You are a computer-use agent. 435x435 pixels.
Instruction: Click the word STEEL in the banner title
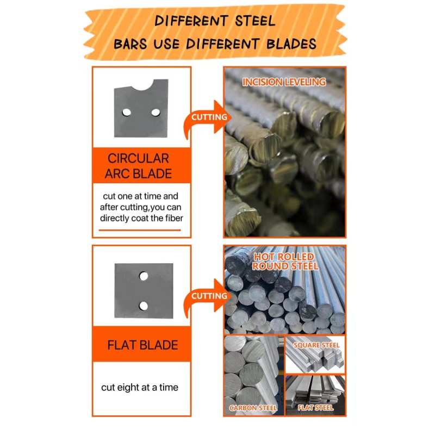255,21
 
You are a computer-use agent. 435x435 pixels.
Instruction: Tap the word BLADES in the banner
291,44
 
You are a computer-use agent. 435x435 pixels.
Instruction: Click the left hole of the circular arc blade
127,113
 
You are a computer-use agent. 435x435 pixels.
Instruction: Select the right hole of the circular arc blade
156,113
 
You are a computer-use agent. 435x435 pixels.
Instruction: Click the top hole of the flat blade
144,276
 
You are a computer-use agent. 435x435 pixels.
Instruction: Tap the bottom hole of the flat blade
144,306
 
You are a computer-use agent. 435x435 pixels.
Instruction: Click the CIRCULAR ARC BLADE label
138,166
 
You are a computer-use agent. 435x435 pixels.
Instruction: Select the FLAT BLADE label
142,345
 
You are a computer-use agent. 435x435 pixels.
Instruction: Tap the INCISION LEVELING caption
284,82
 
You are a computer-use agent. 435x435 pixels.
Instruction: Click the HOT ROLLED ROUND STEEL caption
285,262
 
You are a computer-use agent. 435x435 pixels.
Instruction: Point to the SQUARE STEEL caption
316,345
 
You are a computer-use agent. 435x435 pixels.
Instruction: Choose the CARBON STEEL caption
253,408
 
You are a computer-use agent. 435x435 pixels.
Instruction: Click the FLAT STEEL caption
315,407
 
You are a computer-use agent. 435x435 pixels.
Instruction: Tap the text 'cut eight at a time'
140,387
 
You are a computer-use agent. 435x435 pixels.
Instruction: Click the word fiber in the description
174,218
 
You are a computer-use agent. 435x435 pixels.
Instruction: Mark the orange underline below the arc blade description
140,230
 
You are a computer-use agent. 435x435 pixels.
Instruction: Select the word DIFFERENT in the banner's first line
191,21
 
